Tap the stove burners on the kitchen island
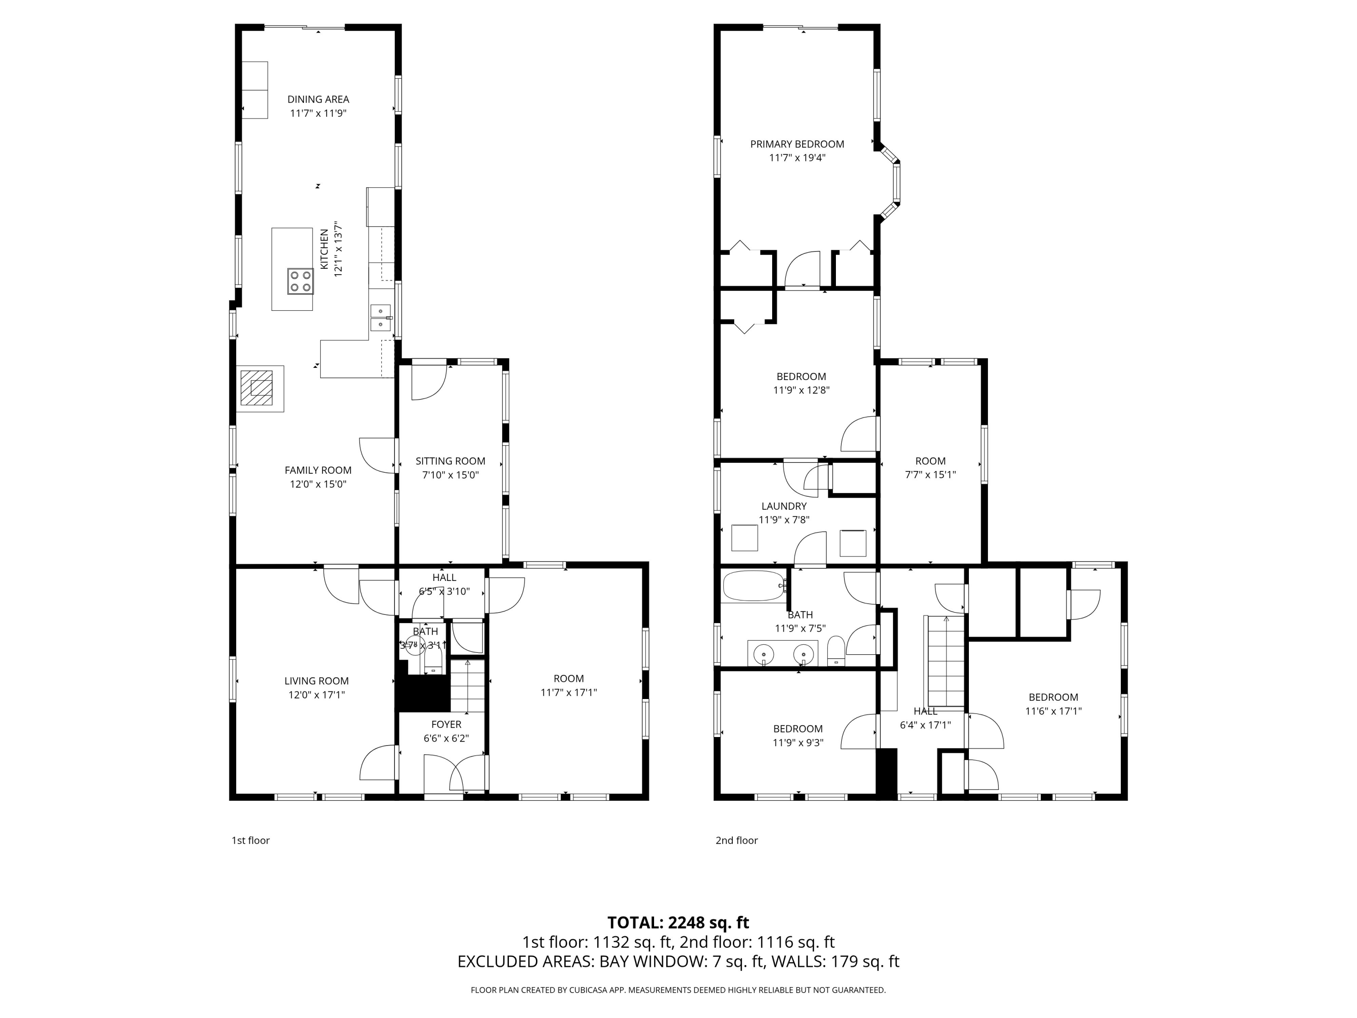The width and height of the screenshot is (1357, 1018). click(x=301, y=281)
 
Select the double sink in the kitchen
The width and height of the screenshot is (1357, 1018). click(x=381, y=318)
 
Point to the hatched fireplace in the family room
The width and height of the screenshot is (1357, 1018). click(x=256, y=388)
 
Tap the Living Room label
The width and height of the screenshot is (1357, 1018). click(x=317, y=681)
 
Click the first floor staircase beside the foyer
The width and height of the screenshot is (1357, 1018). click(x=467, y=686)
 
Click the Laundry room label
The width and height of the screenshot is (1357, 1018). click(x=784, y=506)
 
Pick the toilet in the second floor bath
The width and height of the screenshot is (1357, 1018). click(x=835, y=652)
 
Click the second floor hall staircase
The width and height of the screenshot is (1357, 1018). click(x=946, y=661)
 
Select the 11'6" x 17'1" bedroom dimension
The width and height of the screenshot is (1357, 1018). click(x=1053, y=711)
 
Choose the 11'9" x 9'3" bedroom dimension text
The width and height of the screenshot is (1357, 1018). click(x=797, y=742)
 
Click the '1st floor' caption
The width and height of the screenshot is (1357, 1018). click(x=250, y=841)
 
